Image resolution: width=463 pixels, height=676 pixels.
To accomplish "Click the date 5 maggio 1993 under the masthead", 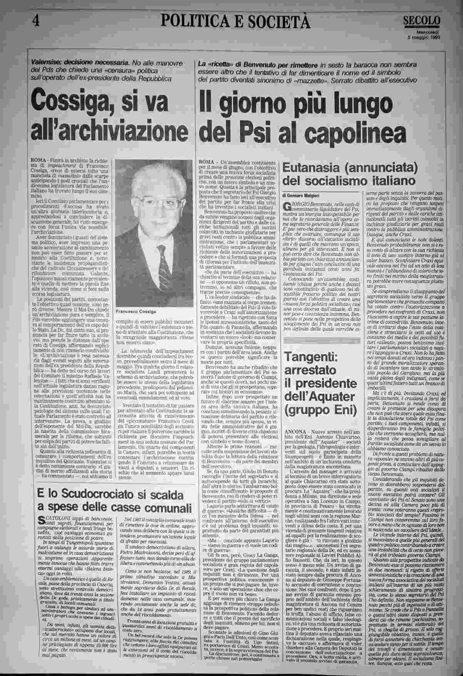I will point(424,37).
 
